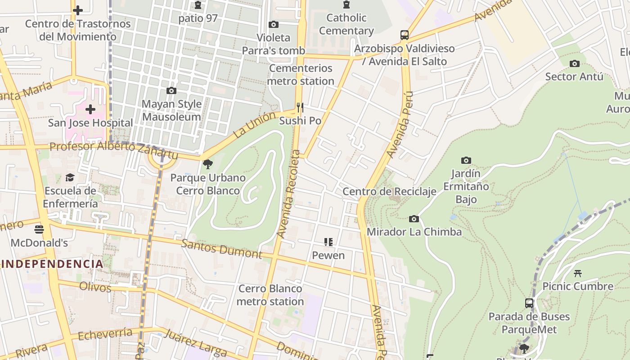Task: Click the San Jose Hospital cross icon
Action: click(90, 109)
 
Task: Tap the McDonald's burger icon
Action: click(39, 229)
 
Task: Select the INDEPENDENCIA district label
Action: click(52, 264)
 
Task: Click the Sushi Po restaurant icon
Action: click(300, 108)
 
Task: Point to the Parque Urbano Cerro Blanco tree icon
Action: click(207, 164)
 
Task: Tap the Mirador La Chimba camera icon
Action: click(414, 219)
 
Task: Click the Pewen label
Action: click(328, 256)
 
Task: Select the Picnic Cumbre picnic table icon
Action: click(578, 273)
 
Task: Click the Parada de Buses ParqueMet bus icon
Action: click(529, 303)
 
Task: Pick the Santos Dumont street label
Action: click(221, 249)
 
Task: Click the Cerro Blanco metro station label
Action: click(270, 295)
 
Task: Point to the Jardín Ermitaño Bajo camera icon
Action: click(466, 160)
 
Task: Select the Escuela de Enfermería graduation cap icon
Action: click(70, 177)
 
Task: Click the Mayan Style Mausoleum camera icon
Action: click(171, 90)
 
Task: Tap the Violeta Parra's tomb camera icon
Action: click(273, 24)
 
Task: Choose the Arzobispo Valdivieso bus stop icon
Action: click(404, 35)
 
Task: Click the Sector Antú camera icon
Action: click(574, 63)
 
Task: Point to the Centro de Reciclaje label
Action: click(389, 192)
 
